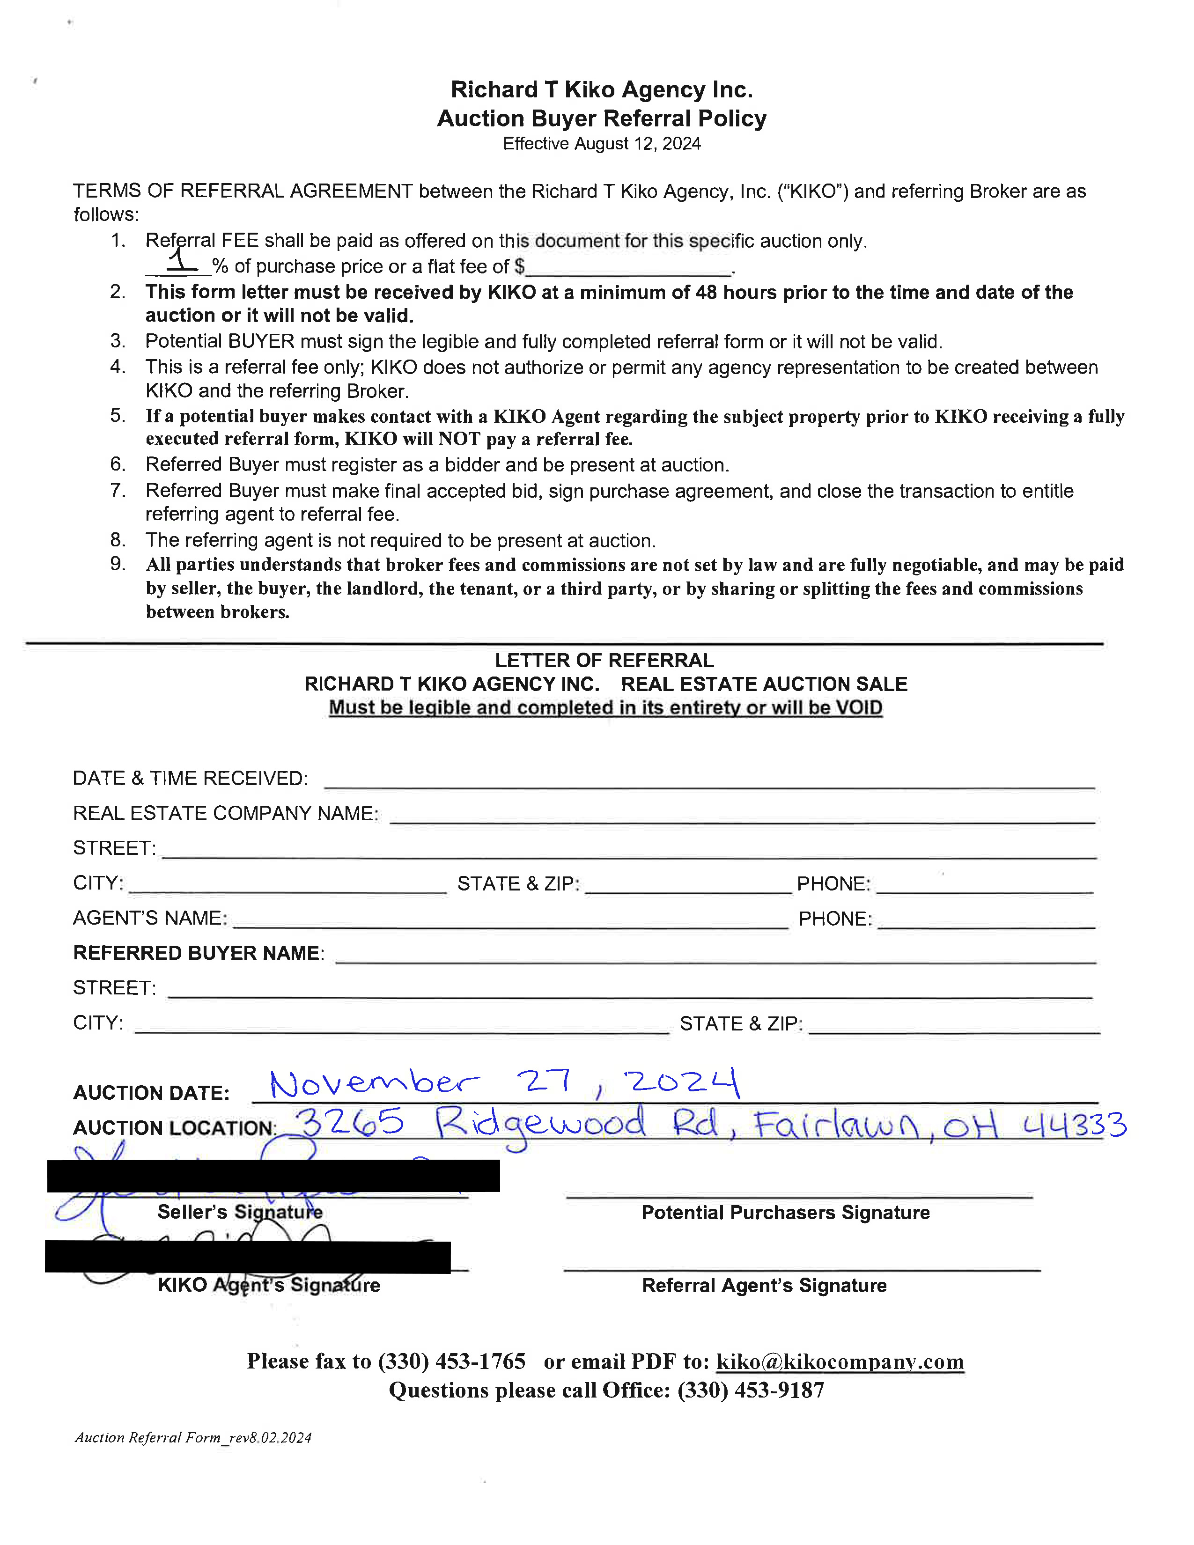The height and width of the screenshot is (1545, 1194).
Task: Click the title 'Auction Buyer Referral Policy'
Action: [601, 118]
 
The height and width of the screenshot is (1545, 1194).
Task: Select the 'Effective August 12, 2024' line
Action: [601, 144]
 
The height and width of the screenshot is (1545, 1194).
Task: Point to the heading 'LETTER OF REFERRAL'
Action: [604, 660]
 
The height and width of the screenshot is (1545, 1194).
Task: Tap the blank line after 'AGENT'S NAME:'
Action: [509, 922]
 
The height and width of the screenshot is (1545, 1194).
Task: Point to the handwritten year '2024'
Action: [681, 1082]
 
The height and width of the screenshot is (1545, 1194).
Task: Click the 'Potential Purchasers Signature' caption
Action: [785, 1213]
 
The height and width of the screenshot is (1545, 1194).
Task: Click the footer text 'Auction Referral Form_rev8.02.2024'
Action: [193, 1437]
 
